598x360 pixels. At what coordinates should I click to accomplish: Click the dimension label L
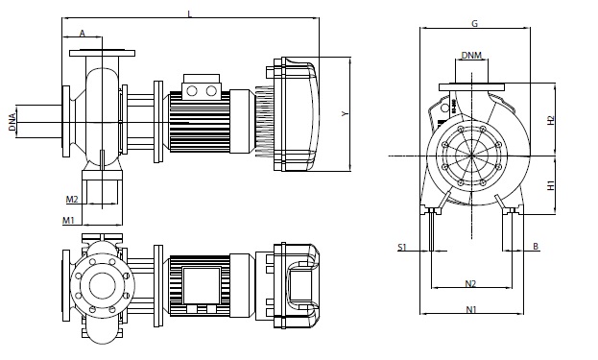189,14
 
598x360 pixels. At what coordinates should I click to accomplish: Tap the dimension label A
83,34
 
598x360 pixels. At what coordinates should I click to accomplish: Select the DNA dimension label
12,122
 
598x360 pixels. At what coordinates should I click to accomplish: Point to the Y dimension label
346,113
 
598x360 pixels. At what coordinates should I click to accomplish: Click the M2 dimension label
72,199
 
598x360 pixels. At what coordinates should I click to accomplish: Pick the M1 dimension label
68,220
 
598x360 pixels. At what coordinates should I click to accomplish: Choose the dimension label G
475,24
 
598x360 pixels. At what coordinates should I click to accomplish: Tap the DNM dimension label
471,56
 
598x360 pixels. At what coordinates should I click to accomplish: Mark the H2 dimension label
550,121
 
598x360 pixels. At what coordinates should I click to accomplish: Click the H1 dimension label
550,185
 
